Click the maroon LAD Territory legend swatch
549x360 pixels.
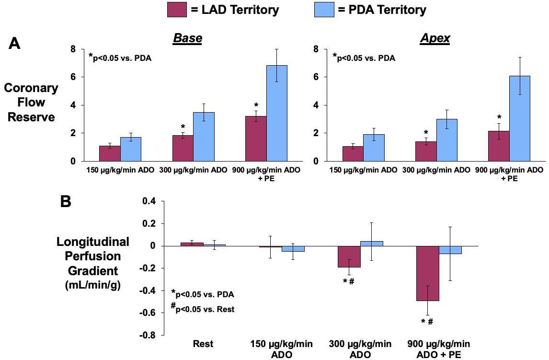pos(177,9)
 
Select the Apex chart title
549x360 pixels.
pos(435,39)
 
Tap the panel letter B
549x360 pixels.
pos(66,201)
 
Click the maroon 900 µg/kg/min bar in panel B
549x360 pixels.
pos(427,273)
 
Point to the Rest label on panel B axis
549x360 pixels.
pos(203,344)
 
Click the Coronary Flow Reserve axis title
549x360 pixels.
pos(31,102)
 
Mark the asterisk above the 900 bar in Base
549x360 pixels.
pos(256,105)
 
